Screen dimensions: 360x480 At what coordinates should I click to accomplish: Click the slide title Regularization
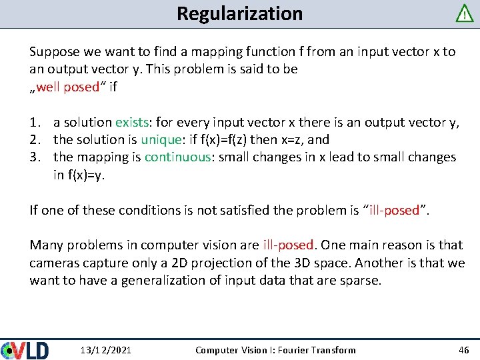coord(239,13)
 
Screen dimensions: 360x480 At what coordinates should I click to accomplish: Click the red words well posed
coord(67,87)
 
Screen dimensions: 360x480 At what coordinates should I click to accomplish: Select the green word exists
coord(132,122)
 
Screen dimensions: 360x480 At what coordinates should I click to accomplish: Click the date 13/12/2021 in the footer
coord(105,350)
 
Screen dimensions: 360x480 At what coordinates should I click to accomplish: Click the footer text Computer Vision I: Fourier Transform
coord(275,350)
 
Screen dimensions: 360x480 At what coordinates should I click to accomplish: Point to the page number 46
coord(464,350)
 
